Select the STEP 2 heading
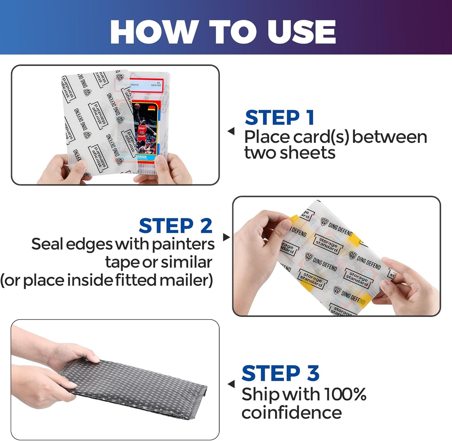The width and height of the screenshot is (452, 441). (175, 226)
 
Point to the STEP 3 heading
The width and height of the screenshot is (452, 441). (280, 373)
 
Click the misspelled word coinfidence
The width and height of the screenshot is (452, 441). (291, 413)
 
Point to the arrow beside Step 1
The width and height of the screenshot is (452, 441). (231, 131)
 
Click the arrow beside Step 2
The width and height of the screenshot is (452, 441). (226, 237)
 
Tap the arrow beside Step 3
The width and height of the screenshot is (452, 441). (231, 384)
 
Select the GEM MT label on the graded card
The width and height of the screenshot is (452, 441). (155, 85)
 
